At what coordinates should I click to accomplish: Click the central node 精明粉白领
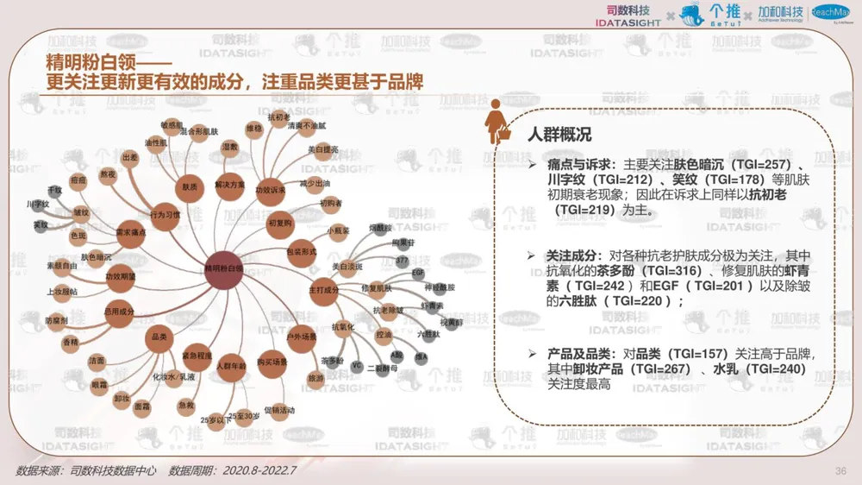[223, 269]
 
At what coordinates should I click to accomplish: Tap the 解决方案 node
[229, 186]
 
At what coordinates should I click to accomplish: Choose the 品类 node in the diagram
[159, 337]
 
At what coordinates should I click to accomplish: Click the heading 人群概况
[559, 135]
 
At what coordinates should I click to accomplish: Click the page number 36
[841, 470]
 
